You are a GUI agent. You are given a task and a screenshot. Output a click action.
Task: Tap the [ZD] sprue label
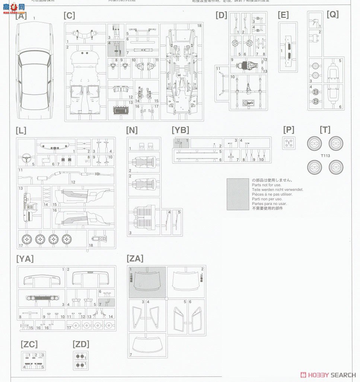pos(81,344)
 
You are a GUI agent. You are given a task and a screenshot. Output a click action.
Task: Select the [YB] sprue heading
pos(180,130)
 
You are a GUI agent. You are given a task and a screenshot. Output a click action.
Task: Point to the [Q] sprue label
pos(332,14)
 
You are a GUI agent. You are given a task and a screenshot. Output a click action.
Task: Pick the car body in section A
pos(34,67)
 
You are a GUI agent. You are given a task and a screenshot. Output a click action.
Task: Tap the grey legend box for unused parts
pos(238,194)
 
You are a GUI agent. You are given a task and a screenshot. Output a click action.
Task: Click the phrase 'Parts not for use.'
pos(267,185)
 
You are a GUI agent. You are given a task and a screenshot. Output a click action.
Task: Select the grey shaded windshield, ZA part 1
pos(147,282)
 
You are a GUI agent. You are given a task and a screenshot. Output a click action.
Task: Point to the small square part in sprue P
pos(289,143)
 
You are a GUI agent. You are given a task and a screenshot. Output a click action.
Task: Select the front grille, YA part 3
pos(41,298)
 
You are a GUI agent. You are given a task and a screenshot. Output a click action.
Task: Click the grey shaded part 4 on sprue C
pos(116,48)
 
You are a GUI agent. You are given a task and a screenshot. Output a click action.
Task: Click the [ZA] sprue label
pos(135,259)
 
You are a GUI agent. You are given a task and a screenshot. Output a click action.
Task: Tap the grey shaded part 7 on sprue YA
pos(107,302)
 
